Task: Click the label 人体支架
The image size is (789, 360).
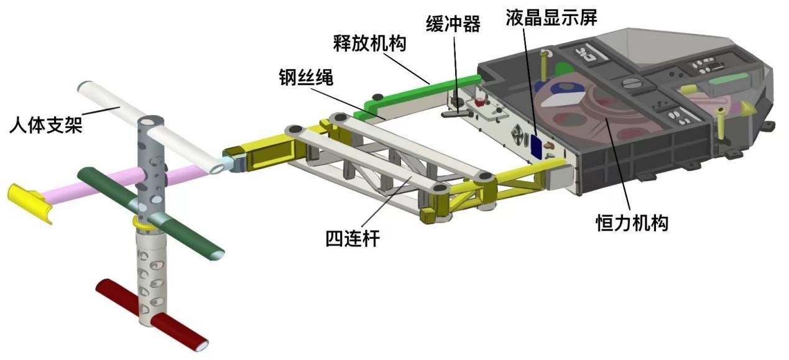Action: coord(46,125)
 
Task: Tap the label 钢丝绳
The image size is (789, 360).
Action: coord(306,77)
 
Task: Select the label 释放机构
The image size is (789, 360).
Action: coord(369,44)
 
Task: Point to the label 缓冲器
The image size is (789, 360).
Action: coord(453,24)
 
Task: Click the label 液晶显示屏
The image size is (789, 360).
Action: coord(552,17)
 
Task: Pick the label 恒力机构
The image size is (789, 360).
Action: coord(632,223)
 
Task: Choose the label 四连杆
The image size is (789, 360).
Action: coord(353,238)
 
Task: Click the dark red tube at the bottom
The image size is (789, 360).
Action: coord(152,315)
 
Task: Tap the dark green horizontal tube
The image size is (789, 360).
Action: coord(150,214)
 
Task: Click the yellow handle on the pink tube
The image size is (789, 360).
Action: coord(30,203)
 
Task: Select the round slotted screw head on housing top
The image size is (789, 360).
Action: coord(630,84)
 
